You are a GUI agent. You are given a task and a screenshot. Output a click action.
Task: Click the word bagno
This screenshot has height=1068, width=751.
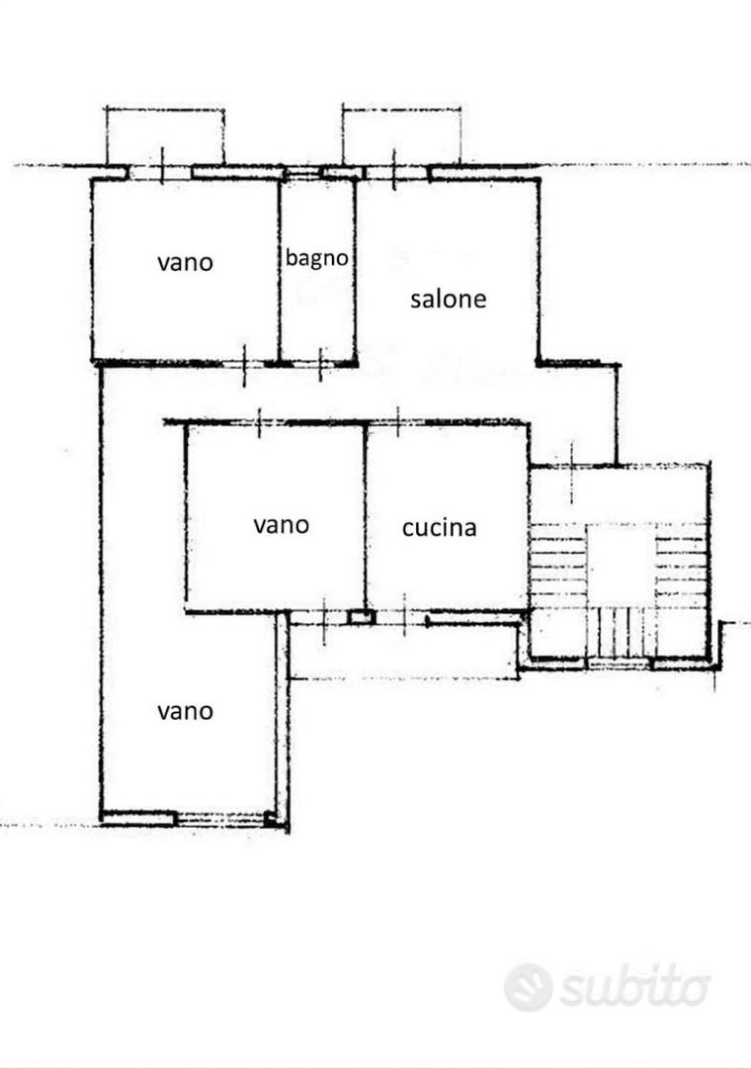[316, 259]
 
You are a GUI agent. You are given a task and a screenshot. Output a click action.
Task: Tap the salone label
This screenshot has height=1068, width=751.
[448, 299]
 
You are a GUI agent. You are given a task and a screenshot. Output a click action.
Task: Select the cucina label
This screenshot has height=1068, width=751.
[439, 528]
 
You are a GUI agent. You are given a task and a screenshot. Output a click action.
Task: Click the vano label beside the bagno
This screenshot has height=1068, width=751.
[185, 262]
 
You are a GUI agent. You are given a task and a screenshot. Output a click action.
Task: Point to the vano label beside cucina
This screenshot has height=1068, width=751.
[282, 525]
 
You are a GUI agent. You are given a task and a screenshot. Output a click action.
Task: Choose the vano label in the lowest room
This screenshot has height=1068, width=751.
[185, 712]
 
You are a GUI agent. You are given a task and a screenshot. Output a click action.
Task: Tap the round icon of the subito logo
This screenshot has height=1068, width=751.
[529, 987]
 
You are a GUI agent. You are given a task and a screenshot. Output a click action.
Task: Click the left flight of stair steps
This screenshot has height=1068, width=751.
[557, 565]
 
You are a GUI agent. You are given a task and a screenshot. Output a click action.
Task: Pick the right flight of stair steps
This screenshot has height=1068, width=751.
[681, 565]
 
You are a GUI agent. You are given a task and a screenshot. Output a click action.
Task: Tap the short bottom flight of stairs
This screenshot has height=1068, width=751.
[621, 631]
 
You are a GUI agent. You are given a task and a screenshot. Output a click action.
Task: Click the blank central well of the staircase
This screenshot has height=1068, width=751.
[621, 565]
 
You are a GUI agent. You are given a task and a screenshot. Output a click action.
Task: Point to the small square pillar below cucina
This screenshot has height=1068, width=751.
[361, 618]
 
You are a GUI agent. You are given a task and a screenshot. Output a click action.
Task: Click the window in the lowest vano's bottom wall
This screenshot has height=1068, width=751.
[221, 819]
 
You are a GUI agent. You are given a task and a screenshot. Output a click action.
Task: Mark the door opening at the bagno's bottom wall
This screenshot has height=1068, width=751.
[320, 363]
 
